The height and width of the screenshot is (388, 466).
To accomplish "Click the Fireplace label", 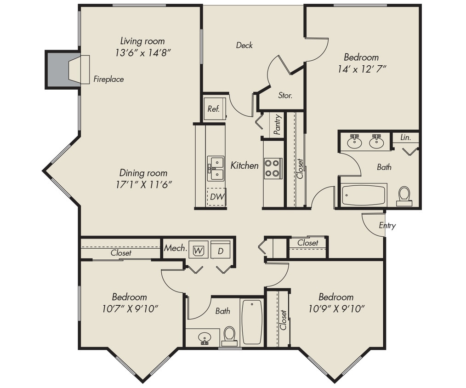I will pyautogui.click(x=108, y=79).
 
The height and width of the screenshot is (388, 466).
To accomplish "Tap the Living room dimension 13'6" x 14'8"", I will pyautogui.click(x=143, y=52).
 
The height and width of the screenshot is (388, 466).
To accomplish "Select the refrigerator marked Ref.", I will pyautogui.click(x=214, y=109).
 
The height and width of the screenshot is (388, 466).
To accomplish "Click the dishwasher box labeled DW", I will pyautogui.click(x=216, y=197).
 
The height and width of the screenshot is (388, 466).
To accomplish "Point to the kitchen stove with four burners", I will pyautogui.click(x=273, y=168).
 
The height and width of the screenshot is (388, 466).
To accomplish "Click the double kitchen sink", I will pyautogui.click(x=216, y=168).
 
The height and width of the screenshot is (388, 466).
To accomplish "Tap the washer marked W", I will pyautogui.click(x=199, y=251).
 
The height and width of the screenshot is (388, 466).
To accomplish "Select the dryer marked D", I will pyautogui.click(x=221, y=251).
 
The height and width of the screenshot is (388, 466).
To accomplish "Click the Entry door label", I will pyautogui.click(x=387, y=226).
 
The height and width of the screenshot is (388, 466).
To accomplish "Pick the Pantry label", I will pyautogui.click(x=277, y=124).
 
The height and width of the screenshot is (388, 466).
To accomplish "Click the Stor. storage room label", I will pyautogui.click(x=285, y=96).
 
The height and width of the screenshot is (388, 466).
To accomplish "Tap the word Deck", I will pyautogui.click(x=244, y=45).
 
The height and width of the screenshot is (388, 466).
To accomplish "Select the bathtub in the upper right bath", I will pyautogui.click(x=364, y=195).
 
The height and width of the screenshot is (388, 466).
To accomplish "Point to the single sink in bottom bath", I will pyautogui.click(x=205, y=338).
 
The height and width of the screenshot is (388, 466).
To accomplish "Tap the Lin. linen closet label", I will pyautogui.click(x=405, y=137).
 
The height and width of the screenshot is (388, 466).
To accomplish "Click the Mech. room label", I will pyautogui.click(x=175, y=248).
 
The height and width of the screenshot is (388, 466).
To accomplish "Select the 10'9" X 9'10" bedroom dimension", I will pyautogui.click(x=336, y=308).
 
